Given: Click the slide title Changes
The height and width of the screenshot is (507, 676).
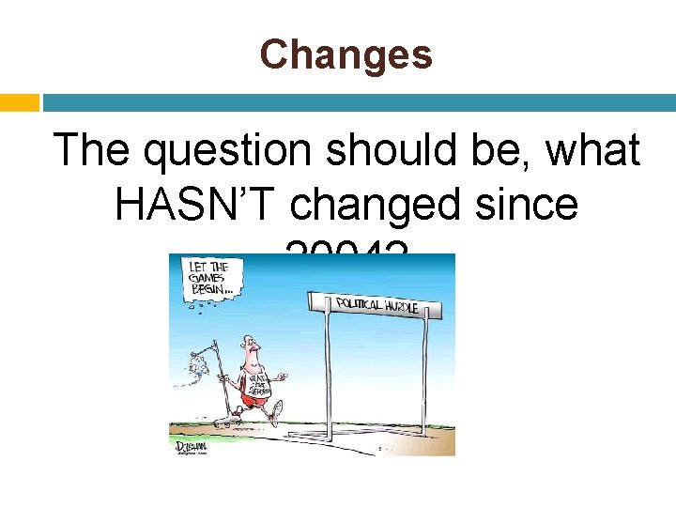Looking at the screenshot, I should pyautogui.click(x=346, y=55).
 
